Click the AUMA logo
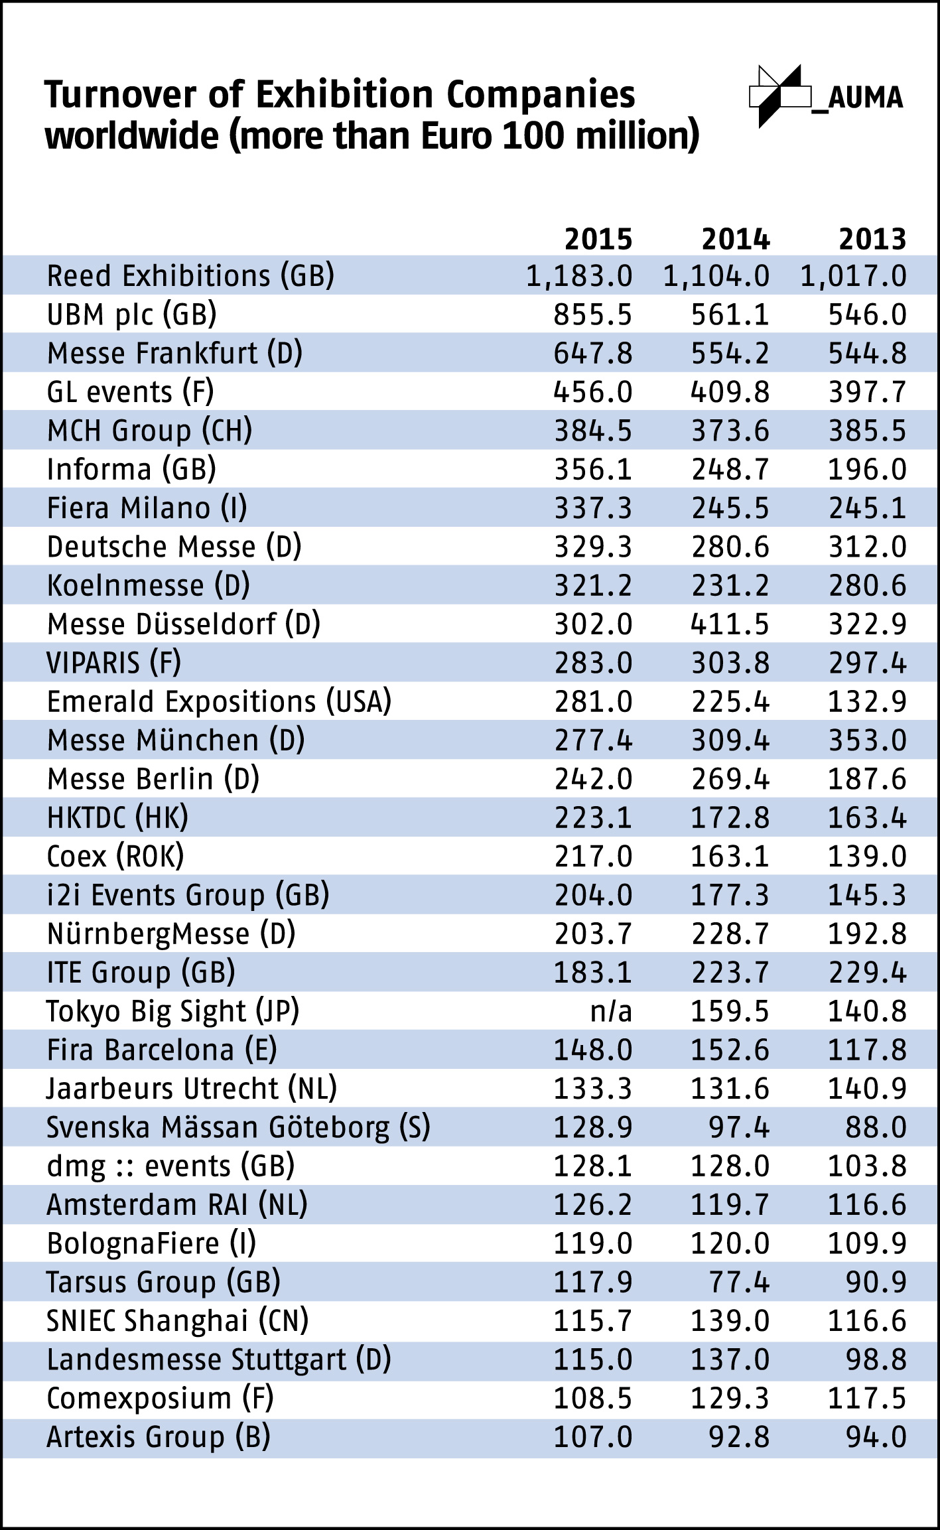(826, 97)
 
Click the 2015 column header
(598, 240)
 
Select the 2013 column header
(872, 240)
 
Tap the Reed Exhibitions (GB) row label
(190, 276)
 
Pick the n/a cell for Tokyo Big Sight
(611, 1012)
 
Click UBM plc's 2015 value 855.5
(593, 315)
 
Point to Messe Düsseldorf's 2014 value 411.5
(730, 624)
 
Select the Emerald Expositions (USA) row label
(219, 702)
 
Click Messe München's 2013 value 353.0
(867, 740)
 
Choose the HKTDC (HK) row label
(117, 818)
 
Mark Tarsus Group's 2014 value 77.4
(738, 1283)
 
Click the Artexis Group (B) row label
(159, 1437)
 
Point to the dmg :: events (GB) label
(170, 1166)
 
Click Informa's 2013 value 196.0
(867, 470)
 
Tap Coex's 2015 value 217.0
(593, 857)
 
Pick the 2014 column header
(736, 240)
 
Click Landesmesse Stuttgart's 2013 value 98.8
(876, 1360)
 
